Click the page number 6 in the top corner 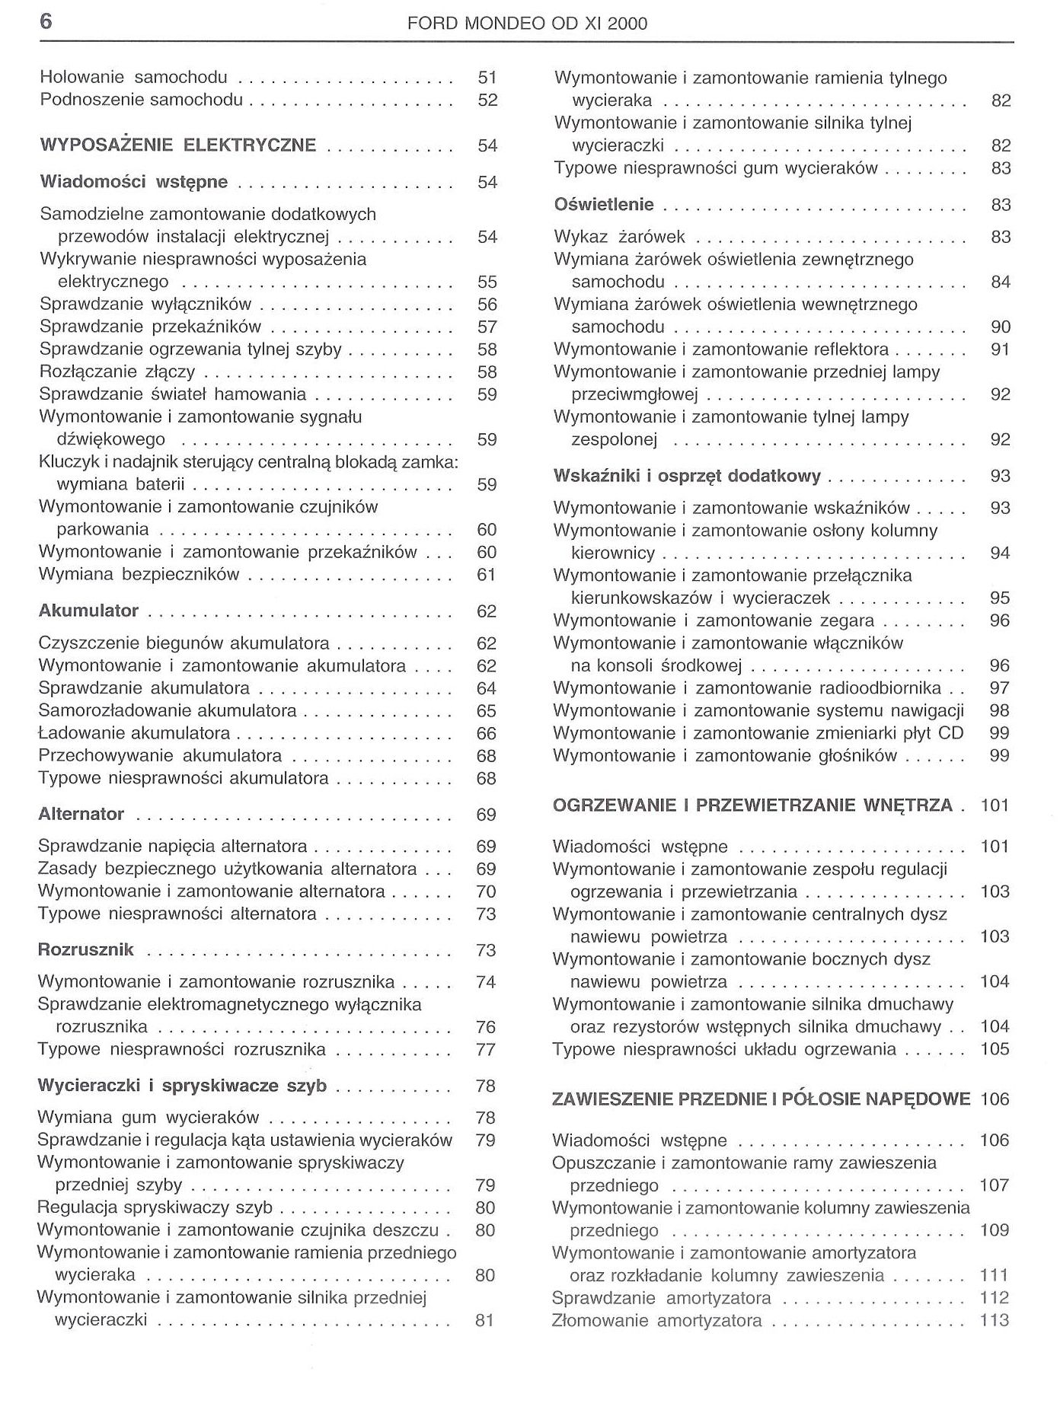coord(46,21)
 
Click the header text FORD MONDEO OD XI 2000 coord(527,24)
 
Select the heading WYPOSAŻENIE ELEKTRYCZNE coord(177,145)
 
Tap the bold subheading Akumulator coord(88,611)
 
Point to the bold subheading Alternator coord(81,814)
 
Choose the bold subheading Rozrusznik coord(85,949)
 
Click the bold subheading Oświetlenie coord(604,204)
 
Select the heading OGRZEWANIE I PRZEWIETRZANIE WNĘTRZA coord(752,805)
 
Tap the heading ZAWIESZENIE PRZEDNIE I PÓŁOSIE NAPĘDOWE coord(761,1099)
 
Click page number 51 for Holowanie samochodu coord(487,77)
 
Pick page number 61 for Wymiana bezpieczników coord(486,574)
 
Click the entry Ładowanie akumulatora coord(134,733)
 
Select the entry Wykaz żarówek coord(619,237)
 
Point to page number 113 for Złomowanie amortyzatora coord(994,1320)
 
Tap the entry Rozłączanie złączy coord(117,372)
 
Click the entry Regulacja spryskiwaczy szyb coord(155,1207)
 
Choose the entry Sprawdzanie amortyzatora coord(661,1298)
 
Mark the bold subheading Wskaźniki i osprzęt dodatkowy coord(687,476)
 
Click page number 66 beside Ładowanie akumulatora coord(486,733)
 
